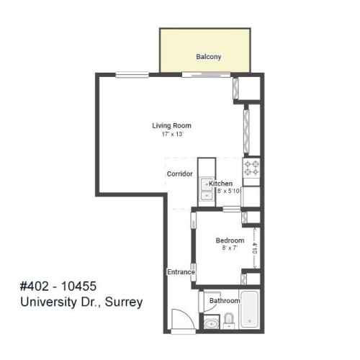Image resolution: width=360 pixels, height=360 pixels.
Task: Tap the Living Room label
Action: [x=171, y=126]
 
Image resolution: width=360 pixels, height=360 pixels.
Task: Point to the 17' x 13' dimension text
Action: [x=171, y=135]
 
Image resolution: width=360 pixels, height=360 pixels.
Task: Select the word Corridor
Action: [x=179, y=174]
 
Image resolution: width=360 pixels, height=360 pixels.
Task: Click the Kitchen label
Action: [x=220, y=184]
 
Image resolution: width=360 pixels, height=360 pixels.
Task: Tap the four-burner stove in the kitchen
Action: [x=251, y=168]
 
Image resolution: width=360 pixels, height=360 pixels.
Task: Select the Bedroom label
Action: [x=230, y=240]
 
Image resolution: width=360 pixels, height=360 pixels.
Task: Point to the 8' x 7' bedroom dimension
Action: [x=230, y=248]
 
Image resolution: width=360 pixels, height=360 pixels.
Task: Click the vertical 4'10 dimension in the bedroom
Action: [x=255, y=248]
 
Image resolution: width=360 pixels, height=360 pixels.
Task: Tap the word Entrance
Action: [x=181, y=272]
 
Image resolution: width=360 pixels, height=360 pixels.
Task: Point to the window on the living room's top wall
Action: [x=132, y=73]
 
